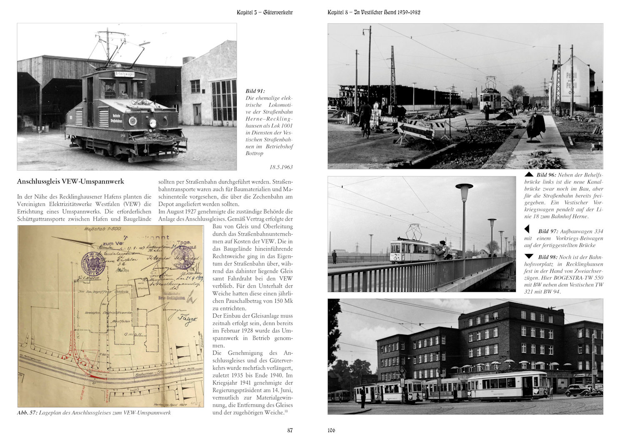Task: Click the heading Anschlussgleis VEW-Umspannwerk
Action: pos(70,181)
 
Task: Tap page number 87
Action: pos(290,430)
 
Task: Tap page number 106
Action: pos(331,430)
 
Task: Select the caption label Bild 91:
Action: pos(255,91)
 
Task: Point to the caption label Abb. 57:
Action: pos(27,413)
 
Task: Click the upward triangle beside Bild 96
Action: pos(529,174)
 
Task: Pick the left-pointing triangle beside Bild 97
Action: pos(527,229)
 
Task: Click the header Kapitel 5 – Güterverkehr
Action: pos(265,13)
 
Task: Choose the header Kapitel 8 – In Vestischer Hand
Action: pos(374,13)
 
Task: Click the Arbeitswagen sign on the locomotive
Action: pos(125,74)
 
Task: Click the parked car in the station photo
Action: pos(579,390)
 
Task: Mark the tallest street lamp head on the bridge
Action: pos(464,187)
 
